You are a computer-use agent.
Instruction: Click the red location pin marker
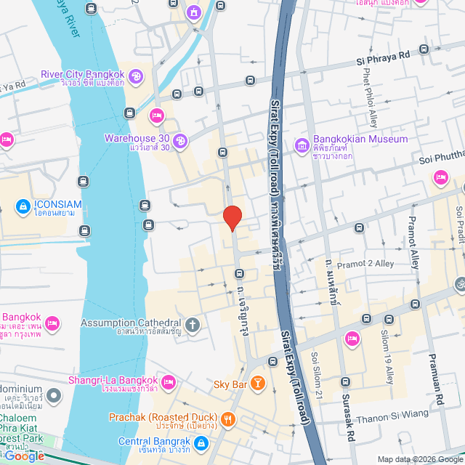232,217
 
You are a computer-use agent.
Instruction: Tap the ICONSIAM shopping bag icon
23,206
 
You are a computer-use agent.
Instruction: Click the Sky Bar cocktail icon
257,383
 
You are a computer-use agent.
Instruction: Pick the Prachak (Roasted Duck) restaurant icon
228,418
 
